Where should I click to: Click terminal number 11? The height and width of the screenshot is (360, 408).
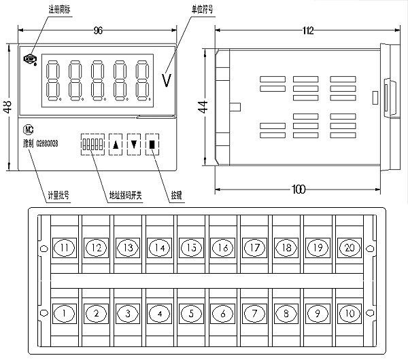(65, 247)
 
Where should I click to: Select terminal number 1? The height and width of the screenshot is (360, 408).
(65, 313)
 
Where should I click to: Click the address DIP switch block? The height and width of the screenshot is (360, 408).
(91, 144)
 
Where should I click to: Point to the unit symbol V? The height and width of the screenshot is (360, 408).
(167, 80)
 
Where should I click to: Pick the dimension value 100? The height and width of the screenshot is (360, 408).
(298, 189)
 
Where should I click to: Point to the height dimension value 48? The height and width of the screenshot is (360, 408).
(7, 107)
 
